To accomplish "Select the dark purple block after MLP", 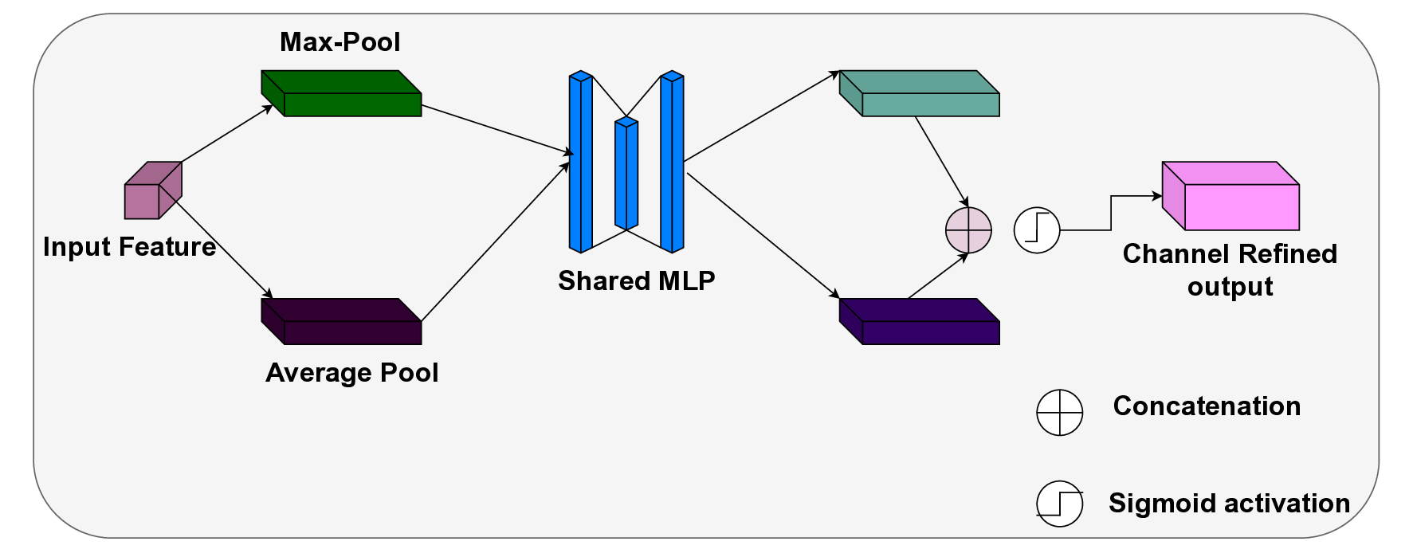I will tap(920, 322).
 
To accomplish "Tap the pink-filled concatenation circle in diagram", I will tap(968, 230).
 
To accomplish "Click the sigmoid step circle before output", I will tap(1037, 230).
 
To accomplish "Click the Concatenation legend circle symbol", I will tap(1059, 413).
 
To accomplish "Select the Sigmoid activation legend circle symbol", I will tap(1059, 504).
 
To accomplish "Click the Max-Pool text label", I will tap(340, 41).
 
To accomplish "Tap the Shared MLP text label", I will tap(636, 280).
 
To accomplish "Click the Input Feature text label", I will tap(129, 247).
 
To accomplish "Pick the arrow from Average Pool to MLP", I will tap(494, 242).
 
